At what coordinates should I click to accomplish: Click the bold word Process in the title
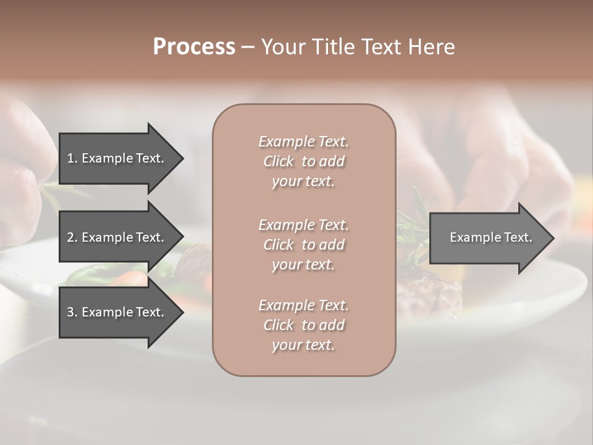pos(194,47)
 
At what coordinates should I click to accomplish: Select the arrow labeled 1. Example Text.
pos(117,158)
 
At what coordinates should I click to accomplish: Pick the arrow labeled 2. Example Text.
pos(117,237)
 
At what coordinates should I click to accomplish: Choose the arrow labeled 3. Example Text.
pos(117,312)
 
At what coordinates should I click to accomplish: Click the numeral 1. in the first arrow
pos(72,158)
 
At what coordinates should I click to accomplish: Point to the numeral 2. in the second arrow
pos(72,237)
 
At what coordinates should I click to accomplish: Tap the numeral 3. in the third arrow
pos(72,312)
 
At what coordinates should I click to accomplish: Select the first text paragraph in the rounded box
pos(303,161)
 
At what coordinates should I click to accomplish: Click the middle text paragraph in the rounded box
pos(303,245)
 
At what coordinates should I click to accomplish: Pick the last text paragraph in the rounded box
pos(303,325)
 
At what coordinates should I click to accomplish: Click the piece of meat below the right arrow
pos(435,290)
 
